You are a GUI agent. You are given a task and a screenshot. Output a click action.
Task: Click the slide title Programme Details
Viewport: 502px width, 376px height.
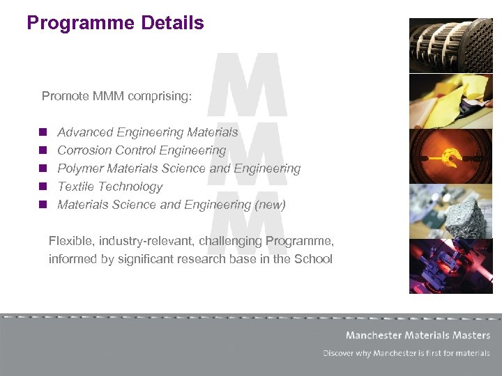(115, 23)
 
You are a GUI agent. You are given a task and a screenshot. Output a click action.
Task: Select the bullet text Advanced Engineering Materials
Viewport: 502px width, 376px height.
(147, 132)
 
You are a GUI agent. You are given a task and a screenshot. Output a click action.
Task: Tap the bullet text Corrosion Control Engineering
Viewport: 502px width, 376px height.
(142, 150)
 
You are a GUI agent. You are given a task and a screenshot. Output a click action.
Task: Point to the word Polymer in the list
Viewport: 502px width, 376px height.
(78, 169)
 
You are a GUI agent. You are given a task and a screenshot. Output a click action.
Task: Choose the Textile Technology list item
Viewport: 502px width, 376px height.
(109, 187)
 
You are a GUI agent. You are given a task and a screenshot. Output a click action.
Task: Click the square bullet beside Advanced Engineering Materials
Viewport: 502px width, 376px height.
(43, 132)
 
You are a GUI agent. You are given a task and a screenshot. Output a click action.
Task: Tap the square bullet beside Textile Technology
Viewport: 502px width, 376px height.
(43, 187)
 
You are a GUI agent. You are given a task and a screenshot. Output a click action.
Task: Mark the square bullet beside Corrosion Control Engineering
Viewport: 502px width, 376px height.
(43, 150)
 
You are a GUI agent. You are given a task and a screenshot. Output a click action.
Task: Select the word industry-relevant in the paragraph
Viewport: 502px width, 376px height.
(146, 241)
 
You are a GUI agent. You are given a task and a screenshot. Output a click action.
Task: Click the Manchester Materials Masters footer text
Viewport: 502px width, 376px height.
(418, 336)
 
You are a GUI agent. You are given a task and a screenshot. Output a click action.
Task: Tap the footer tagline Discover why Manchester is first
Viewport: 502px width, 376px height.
(406, 353)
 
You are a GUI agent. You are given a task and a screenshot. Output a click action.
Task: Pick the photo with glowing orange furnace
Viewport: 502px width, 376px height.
(450, 155)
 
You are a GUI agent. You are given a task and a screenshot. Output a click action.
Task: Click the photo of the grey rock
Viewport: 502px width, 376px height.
(450, 211)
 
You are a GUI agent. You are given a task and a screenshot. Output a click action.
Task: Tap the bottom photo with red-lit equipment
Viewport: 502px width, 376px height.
(450, 266)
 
